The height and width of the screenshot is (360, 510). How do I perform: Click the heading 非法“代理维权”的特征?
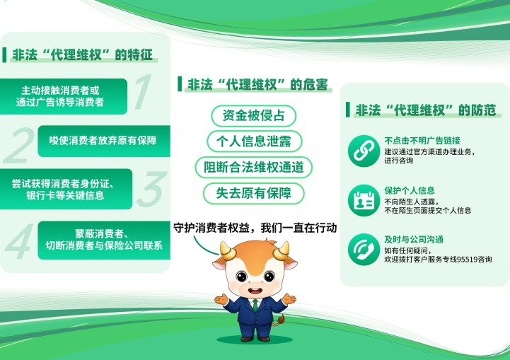tap(82, 55)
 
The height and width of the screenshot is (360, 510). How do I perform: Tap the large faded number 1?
tap(143, 92)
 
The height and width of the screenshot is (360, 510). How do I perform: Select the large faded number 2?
tap(20, 146)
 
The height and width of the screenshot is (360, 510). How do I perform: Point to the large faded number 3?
tap(151, 190)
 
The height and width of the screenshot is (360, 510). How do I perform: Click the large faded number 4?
tap(20, 241)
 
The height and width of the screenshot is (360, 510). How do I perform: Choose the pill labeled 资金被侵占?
tap(253, 116)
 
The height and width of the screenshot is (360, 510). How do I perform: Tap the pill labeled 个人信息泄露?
tap(254, 141)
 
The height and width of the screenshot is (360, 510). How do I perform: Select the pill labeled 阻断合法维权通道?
tap(254, 167)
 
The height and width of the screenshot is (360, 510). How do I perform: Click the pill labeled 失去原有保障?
tap(254, 194)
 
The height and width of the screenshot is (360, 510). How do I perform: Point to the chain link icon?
tap(364, 151)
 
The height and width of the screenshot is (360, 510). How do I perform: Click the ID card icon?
tap(364, 200)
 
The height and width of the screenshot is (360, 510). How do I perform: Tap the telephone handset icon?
tap(364, 250)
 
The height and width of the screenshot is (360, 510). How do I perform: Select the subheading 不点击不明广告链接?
tap(422, 141)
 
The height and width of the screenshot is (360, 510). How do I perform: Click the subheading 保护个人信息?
tap(410, 190)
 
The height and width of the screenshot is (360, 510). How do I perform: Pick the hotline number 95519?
tap(467, 260)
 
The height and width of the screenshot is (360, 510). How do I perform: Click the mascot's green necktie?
tap(255, 305)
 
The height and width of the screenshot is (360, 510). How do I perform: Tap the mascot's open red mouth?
tap(255, 291)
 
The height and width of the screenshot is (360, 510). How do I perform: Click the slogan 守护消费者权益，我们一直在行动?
tap(255, 228)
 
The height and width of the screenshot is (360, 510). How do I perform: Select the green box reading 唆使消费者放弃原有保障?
tap(104, 141)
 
